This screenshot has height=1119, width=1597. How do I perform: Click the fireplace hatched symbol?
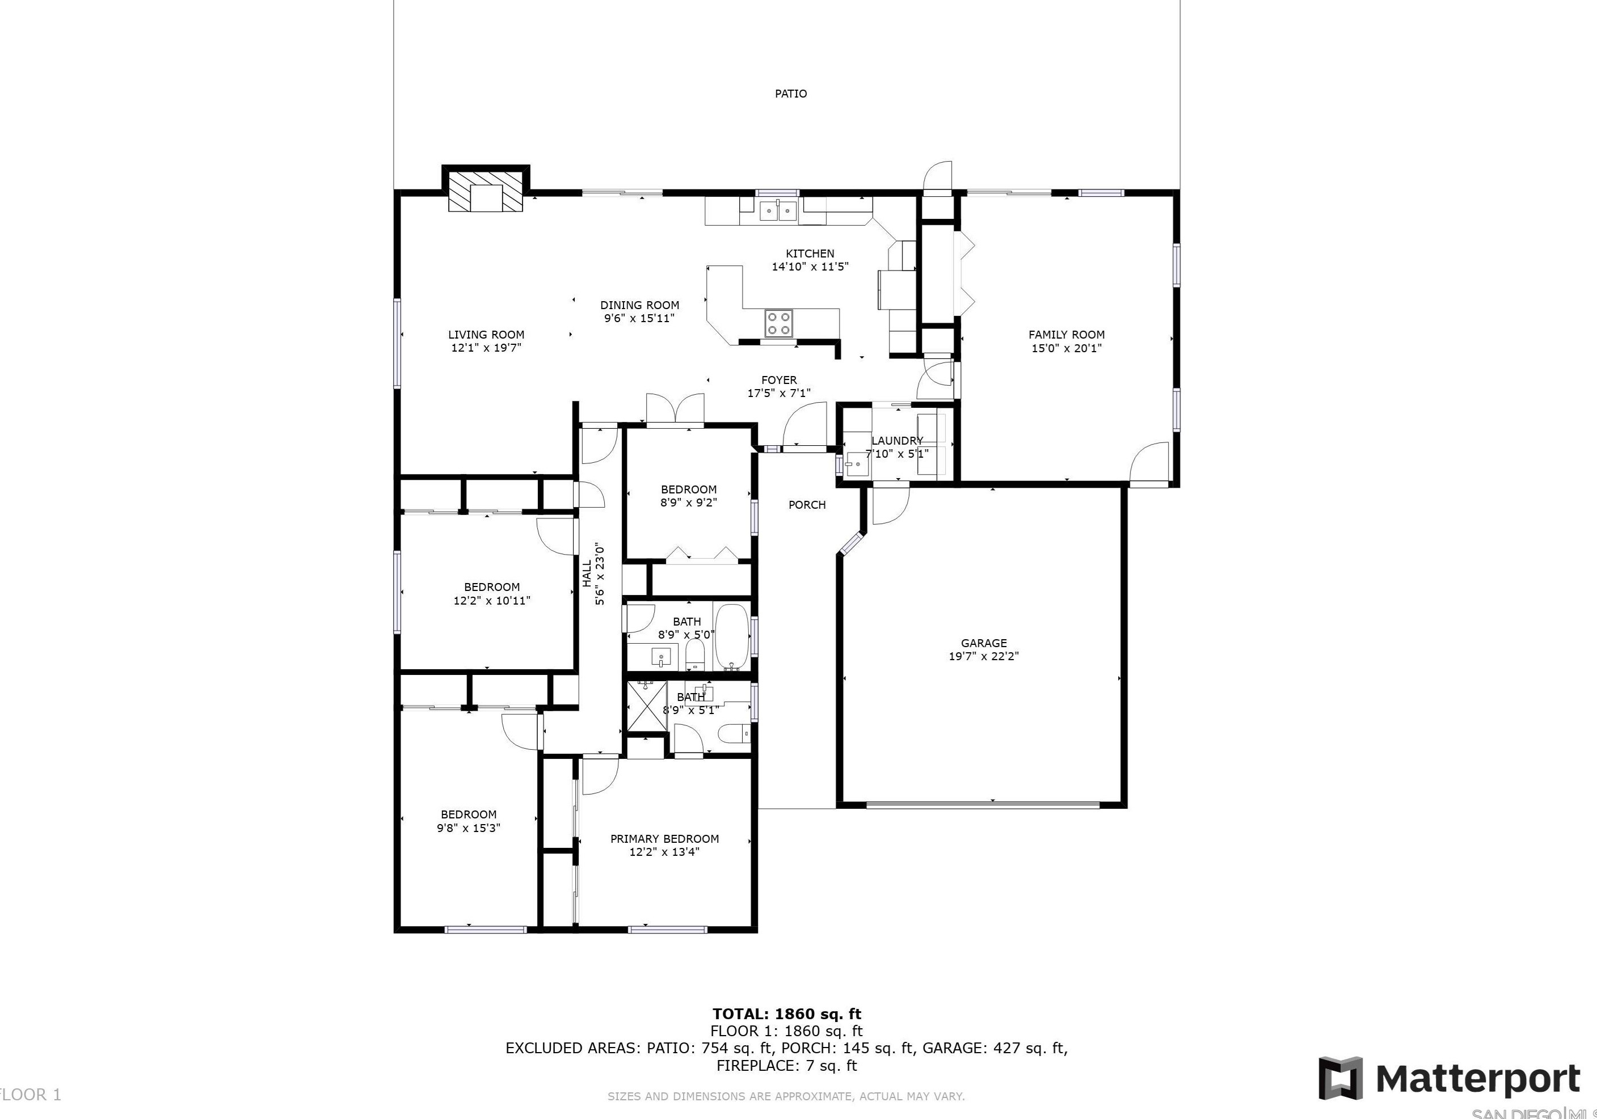click(485, 191)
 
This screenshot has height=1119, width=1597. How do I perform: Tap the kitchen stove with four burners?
click(778, 323)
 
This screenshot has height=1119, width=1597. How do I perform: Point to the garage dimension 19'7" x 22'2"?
click(984, 656)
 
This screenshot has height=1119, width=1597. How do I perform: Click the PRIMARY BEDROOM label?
click(664, 839)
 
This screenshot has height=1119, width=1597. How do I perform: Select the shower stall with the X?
click(647, 707)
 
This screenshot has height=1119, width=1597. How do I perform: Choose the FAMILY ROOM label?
click(1067, 335)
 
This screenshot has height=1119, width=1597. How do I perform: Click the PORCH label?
click(807, 505)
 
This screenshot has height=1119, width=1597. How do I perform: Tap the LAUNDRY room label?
click(896, 441)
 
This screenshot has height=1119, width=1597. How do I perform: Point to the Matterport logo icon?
click(1342, 1078)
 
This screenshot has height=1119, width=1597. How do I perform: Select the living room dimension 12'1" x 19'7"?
click(486, 348)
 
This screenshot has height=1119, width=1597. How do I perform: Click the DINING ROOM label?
click(639, 305)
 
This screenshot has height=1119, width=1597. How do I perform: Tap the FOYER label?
click(778, 381)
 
